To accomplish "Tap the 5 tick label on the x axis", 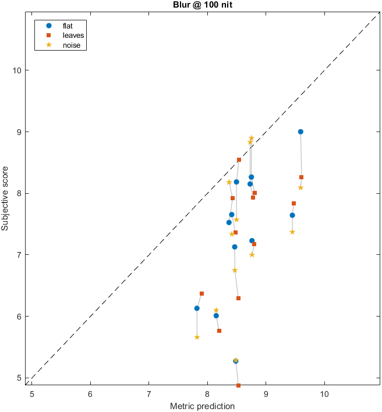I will [32, 393].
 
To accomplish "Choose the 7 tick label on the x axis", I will [148, 393].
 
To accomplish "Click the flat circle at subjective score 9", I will [300, 132].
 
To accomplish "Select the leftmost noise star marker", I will [197, 337].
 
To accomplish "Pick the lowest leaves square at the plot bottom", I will [239, 385].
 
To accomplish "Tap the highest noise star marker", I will [252, 138].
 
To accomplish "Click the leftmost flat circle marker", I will [197, 308].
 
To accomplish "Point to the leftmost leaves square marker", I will [201, 294].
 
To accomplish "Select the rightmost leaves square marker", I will [302, 177].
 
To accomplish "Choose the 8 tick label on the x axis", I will [207, 393].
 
